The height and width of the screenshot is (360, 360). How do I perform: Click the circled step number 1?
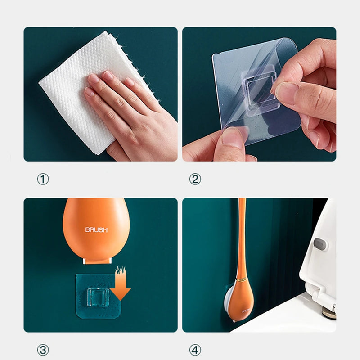click(x=43, y=180)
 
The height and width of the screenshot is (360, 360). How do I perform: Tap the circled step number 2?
click(x=195, y=180)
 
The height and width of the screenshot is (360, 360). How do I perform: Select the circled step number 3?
click(x=43, y=350)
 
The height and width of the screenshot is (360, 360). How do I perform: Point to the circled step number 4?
click(x=195, y=350)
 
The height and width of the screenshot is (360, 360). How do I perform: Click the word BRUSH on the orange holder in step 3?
click(x=96, y=230)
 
